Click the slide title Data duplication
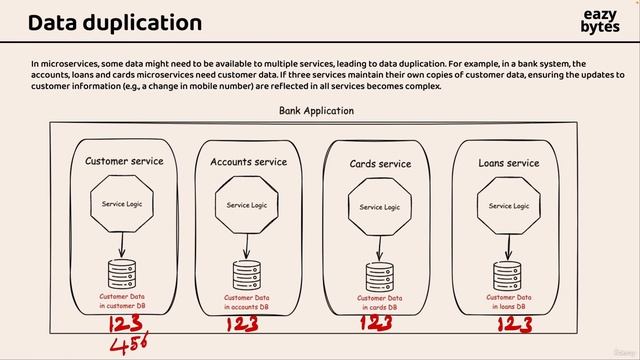tap(114, 22)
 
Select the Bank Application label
tap(315, 110)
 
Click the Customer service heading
tap(124, 161)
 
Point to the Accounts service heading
tap(248, 162)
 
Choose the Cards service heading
tap(380, 164)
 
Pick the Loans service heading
tap(508, 163)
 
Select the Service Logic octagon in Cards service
tap(379, 207)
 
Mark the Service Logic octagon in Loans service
tap(507, 205)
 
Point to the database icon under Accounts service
tap(246, 275)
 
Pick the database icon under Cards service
tap(379, 277)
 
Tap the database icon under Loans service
tap(507, 275)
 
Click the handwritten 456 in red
tap(130, 345)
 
